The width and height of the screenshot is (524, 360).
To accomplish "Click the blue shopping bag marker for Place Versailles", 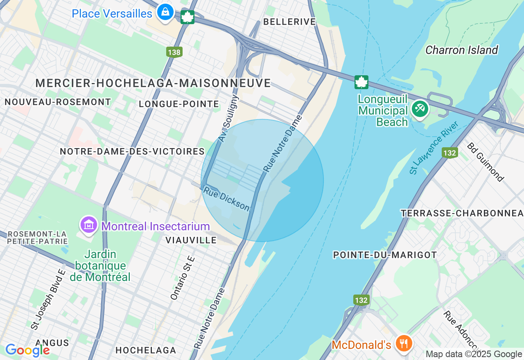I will point(165,12).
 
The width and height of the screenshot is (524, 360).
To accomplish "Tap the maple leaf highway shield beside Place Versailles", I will point(187,17).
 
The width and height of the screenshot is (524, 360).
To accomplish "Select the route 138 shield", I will point(174,52).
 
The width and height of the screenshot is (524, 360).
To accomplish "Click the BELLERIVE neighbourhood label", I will point(289,22).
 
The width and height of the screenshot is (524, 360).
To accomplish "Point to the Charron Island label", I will point(461,50).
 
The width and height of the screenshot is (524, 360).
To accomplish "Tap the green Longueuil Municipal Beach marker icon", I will point(420,109).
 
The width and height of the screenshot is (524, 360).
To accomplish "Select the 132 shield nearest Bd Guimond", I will point(449,153).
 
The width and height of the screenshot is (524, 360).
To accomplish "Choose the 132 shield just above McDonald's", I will point(361,300).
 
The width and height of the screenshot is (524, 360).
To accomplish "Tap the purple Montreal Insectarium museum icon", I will point(89,225).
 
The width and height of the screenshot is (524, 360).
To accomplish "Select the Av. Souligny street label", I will point(228,119).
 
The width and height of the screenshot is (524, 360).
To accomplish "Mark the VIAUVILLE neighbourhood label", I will point(191,240).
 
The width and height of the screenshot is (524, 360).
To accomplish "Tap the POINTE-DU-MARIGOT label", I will point(385,255).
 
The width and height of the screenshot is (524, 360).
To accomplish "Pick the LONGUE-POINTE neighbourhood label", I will point(179,104).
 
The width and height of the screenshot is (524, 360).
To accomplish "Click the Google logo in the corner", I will point(27,350).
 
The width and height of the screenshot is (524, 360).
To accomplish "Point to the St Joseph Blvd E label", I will point(48,299).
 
